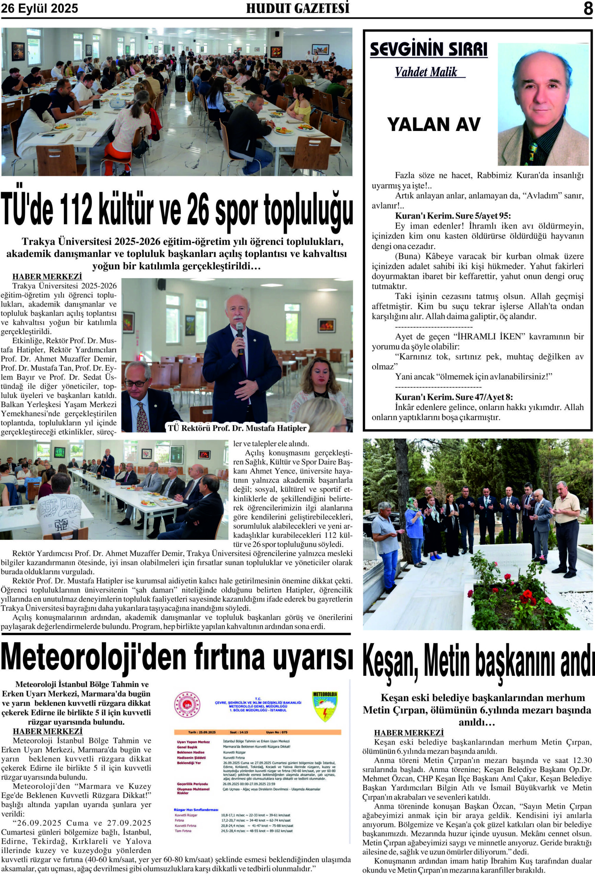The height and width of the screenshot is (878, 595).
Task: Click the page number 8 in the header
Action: (x=588, y=8)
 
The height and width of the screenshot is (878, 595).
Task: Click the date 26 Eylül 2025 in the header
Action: (x=39, y=8)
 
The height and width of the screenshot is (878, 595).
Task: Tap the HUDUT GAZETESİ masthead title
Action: (x=297, y=8)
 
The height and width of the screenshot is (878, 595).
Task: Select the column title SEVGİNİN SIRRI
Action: (x=428, y=49)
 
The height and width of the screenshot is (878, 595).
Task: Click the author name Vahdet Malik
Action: (x=426, y=72)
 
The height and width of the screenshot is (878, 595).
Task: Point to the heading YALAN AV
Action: (x=434, y=124)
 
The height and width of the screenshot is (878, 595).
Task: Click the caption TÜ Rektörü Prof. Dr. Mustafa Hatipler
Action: (x=237, y=428)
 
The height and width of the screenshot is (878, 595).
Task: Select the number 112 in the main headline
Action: (x=72, y=209)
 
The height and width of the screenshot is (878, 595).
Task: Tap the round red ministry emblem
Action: (x=187, y=704)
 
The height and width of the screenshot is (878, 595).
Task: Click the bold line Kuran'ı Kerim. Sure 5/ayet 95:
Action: (x=453, y=216)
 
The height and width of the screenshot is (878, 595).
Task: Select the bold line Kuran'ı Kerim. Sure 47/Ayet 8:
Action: (x=454, y=397)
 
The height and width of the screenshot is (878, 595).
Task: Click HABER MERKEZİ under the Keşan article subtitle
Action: (x=409, y=733)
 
